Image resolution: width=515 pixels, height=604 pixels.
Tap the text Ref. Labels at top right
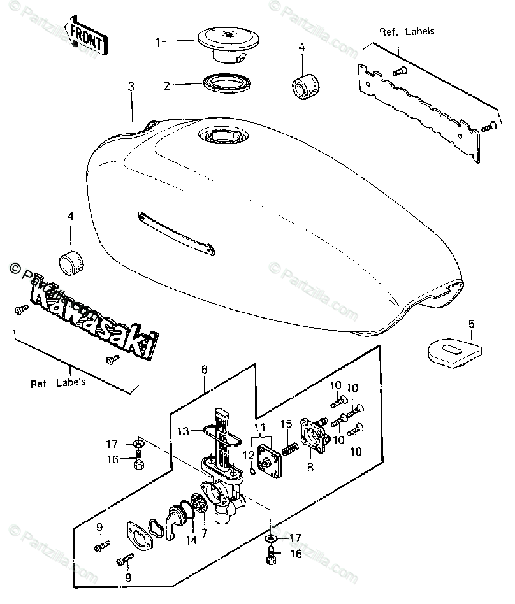pyautogui.click(x=399, y=31)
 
